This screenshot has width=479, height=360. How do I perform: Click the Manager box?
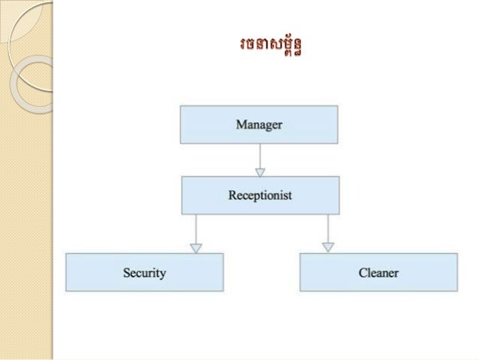tap(258, 125)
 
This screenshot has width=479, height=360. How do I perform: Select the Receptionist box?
tap(260, 195)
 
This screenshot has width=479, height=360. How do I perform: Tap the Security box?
tap(144, 272)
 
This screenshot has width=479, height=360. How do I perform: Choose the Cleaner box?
tap(378, 272)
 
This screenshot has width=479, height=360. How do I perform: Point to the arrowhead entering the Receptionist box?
tap(260, 171)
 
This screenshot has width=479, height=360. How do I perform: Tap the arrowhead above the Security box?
tap(196, 247)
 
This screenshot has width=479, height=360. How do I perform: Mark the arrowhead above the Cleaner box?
tap(328, 247)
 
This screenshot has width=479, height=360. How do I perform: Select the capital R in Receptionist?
tap(232, 195)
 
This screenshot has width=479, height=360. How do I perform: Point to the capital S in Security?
tap(126, 272)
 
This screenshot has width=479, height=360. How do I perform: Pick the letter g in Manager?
tap(268, 126)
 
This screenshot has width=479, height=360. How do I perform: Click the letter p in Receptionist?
tap(255, 197)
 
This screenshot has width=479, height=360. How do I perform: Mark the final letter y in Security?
tap(162, 274)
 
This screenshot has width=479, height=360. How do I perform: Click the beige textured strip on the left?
tap(26, 225)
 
